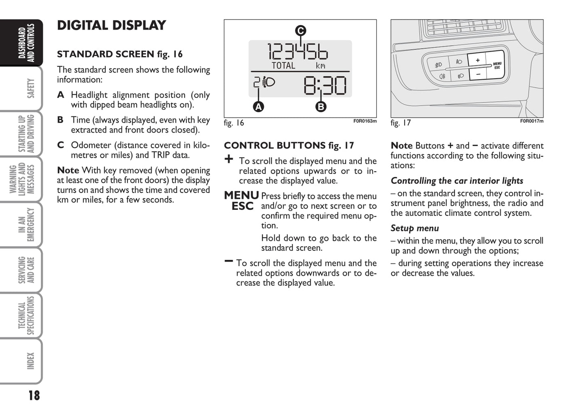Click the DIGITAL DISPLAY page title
point(112,25)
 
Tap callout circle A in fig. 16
point(258,107)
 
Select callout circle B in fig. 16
point(320,107)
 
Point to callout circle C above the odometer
point(300,31)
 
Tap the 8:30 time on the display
point(325,86)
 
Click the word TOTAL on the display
point(283,65)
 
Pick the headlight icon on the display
point(268,82)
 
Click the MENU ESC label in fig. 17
point(497,65)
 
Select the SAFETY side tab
point(30,88)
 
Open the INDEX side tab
point(30,361)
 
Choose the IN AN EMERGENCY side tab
point(26,224)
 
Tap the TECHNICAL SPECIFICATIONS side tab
point(26,316)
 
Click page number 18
point(34,395)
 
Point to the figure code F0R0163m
point(365,121)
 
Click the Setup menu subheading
point(415,228)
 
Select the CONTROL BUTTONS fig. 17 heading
point(289,145)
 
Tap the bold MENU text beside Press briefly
point(241,195)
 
